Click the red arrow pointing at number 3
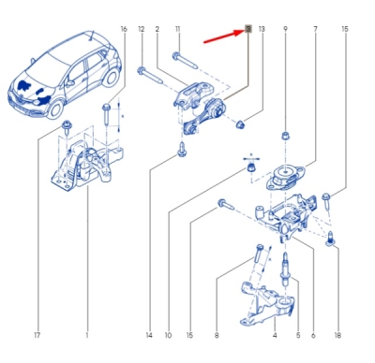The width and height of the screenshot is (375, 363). click(x=223, y=36)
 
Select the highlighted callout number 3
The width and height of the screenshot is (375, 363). click(x=248, y=29)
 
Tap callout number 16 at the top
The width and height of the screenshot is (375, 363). click(x=124, y=29)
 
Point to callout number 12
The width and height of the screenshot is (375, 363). click(x=142, y=29)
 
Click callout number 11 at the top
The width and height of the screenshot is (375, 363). click(x=178, y=29)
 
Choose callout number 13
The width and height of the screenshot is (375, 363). click(x=262, y=29)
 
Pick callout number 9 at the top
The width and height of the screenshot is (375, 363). click(x=285, y=29)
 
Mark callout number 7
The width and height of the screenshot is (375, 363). click(x=315, y=29)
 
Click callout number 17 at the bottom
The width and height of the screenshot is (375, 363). click(x=37, y=335)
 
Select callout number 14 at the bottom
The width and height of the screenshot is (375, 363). click(x=149, y=335)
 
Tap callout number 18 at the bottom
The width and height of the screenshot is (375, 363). click(x=337, y=335)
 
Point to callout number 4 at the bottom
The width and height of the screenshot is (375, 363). click(x=275, y=335)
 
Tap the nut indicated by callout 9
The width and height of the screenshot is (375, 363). click(x=285, y=136)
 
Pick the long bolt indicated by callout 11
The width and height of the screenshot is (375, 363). click(x=185, y=61)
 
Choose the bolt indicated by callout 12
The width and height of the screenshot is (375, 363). click(x=150, y=75)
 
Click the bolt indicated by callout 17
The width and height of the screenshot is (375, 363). click(x=67, y=128)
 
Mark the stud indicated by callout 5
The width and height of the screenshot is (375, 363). click(x=285, y=269)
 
